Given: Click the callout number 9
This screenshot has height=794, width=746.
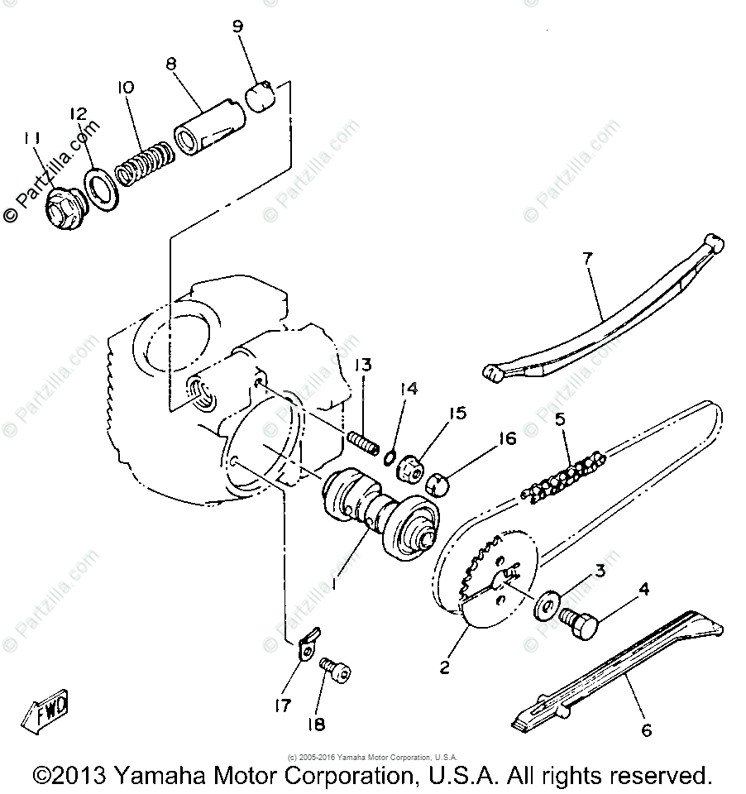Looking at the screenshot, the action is [238, 26].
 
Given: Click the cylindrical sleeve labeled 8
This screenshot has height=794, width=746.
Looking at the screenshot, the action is [208, 127].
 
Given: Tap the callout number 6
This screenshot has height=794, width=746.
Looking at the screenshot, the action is [647, 730].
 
